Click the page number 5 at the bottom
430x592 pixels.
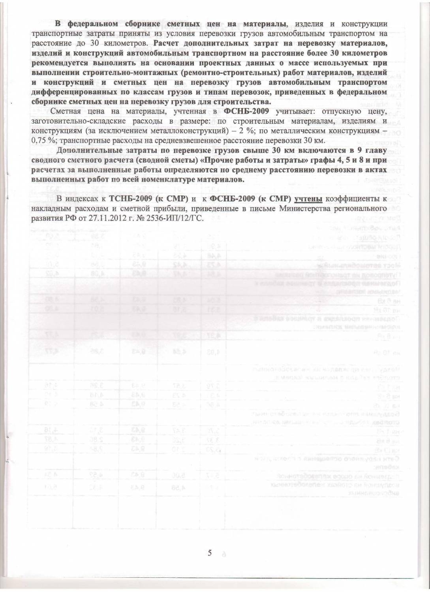click(210, 553)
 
